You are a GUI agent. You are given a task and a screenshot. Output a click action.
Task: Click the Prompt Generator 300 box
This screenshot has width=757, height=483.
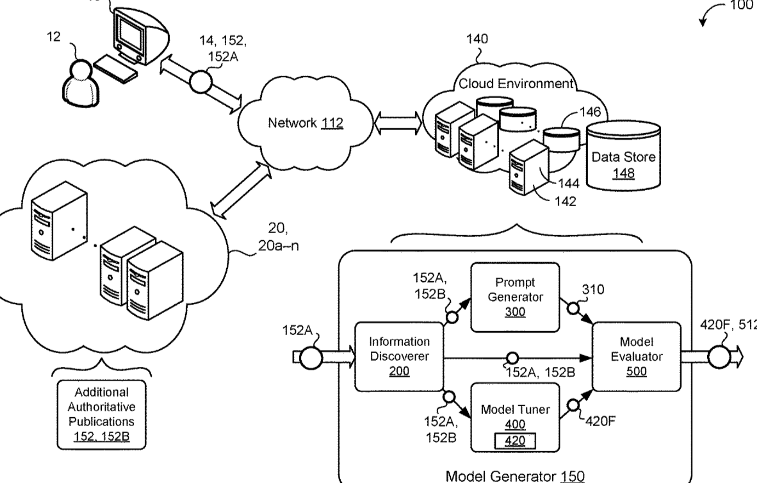click(x=515, y=297)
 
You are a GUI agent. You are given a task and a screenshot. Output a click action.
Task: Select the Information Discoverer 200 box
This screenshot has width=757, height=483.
click(x=399, y=356)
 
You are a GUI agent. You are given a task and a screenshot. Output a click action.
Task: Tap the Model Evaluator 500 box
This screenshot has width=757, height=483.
click(x=636, y=356)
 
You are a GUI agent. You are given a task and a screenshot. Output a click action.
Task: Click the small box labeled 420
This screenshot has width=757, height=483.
click(x=515, y=441)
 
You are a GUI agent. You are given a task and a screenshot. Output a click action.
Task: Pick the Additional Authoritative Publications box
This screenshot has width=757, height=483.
click(x=102, y=414)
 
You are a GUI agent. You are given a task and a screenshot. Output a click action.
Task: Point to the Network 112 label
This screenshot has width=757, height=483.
click(x=305, y=123)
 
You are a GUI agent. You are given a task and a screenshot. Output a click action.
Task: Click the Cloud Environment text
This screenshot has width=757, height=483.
click(x=515, y=84)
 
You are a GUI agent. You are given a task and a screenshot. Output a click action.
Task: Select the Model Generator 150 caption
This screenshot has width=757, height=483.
click(x=515, y=476)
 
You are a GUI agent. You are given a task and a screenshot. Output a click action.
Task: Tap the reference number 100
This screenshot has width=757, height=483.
click(x=742, y=6)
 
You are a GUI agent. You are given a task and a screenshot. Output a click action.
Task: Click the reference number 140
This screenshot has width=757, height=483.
click(x=477, y=39)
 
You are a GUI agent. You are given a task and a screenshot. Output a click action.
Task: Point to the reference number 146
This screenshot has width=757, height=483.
click(x=590, y=112)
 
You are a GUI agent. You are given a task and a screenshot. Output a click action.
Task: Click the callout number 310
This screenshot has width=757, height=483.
click(x=593, y=289)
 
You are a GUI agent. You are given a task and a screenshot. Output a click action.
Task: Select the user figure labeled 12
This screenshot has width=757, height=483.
click(x=82, y=82)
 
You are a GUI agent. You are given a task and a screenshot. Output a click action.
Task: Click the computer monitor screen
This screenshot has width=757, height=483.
click(x=130, y=31)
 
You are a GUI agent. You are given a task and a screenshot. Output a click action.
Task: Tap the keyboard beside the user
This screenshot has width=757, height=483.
click(x=116, y=69)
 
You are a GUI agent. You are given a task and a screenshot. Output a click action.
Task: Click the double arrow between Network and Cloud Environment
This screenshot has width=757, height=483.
click(x=398, y=123)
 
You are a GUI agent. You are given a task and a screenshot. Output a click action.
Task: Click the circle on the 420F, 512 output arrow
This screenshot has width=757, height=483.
click(x=719, y=357)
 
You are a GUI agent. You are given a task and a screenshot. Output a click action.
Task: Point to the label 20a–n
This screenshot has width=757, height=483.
click(x=278, y=245)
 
